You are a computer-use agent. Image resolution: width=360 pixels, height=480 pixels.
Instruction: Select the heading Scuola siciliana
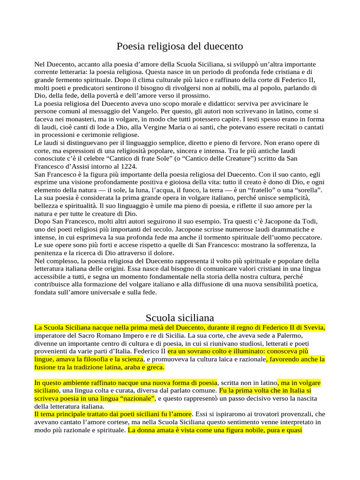click(180, 317)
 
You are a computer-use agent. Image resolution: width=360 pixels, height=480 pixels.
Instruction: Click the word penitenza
click(51, 253)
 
